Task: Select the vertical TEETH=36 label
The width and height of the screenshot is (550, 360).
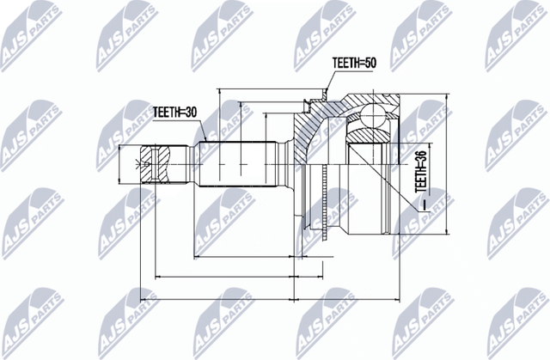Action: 420,168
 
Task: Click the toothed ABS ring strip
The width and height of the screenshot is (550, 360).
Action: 322,203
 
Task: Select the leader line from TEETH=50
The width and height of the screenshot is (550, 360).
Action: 329,82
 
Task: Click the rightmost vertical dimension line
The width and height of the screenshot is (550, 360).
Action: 449,163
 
